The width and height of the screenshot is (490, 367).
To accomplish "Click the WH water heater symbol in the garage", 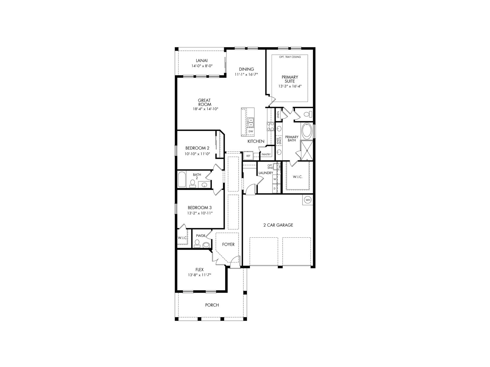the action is coord(308,200).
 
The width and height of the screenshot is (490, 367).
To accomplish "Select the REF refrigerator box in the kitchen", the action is coord(248,156).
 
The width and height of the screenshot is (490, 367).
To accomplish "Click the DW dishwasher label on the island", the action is coord(251,131).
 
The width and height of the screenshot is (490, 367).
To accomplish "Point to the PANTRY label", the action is coord(266,154).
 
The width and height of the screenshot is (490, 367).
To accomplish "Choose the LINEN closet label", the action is coord(278,114).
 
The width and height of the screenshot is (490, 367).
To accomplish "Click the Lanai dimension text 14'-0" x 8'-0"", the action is coord(202,66).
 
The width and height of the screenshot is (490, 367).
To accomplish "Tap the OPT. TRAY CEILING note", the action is coord(290,57).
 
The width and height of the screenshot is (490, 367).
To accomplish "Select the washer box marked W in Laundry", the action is coord(275,179).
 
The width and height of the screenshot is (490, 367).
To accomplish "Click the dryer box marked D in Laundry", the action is coord(275,188).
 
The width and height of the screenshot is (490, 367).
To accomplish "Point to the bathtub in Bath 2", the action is coord(182,179).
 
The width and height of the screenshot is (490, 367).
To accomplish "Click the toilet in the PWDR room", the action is coord(197,243).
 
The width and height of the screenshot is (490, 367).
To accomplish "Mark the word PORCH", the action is coord(212,305).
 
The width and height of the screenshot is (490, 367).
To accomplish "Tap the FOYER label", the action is coord(228,244).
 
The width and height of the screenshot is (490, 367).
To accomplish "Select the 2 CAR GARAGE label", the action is coord(278,225).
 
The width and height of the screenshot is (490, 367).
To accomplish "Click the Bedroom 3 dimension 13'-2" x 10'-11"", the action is coord(200,213).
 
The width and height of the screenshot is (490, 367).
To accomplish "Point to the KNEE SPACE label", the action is coord(279,141).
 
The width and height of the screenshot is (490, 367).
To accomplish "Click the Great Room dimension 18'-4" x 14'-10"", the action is coord(205,109).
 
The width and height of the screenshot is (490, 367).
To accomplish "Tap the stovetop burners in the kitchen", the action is coord(270,126).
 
